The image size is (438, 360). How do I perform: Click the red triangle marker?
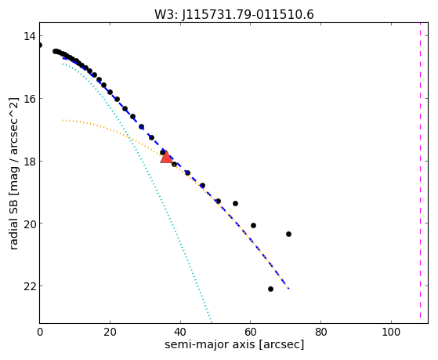coord(166,157)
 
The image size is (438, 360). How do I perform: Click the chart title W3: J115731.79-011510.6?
coord(234,14)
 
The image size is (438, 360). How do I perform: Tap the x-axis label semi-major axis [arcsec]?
coord(234,344)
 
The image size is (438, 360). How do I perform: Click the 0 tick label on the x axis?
coord(40,333)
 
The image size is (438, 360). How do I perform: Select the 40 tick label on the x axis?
coord(180,333)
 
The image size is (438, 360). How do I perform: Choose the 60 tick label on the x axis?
coord(251,333)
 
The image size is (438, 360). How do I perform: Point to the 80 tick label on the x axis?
coord(321,333)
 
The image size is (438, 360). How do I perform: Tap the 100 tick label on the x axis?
coord(391,333)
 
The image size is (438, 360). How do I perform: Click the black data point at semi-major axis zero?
coord(40,45)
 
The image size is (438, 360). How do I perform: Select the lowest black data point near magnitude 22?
coord(270,289)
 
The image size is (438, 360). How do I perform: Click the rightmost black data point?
coord(288,235)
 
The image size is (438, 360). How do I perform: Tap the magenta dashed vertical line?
coord(420,171)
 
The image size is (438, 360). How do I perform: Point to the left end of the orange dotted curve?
coord(63,120)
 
